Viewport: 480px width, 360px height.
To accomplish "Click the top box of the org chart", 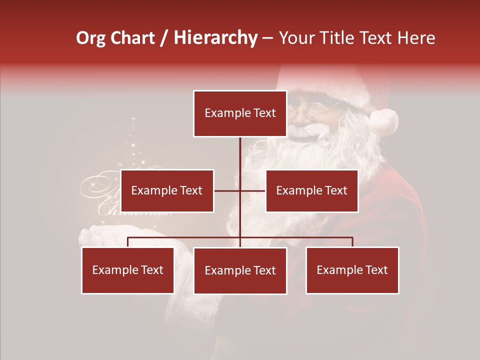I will coord(240,113).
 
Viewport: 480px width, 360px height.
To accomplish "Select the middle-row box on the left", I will coord(167,190).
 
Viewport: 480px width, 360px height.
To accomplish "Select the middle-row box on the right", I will coord(311,190).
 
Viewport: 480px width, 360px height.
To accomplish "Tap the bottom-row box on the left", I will coord(127,270).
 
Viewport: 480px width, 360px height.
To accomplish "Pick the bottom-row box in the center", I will coord(240,270).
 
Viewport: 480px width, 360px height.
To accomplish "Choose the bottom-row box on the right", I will coord(352,270).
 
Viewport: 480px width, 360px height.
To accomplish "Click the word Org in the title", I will coord(90,38).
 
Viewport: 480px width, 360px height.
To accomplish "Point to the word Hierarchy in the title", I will coord(215,38).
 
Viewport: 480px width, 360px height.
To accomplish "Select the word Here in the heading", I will coord(416,38).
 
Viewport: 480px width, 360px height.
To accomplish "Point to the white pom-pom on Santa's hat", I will coord(384,121).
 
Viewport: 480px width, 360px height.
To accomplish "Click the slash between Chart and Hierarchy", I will coord(164,38).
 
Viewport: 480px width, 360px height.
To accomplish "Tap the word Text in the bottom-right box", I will coord(377,270).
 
